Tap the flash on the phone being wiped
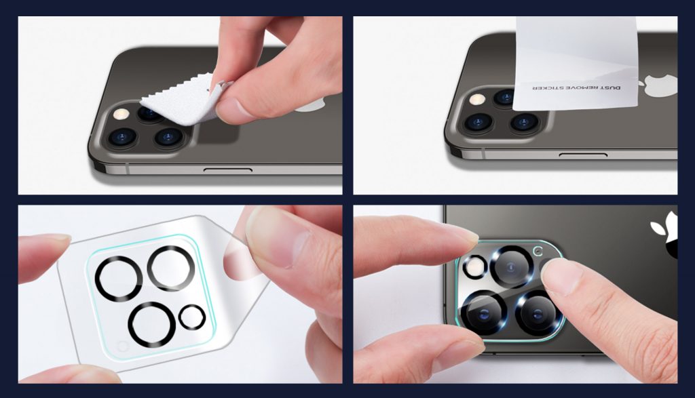(x=121, y=114)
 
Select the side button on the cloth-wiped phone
(x=228, y=170)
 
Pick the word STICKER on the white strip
(x=548, y=87)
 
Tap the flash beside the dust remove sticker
(x=477, y=99)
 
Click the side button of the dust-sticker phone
(x=583, y=155)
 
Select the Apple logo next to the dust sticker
(x=660, y=85)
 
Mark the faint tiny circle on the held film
(x=123, y=346)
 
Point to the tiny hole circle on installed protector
(x=538, y=251)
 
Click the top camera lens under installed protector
(x=510, y=267)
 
